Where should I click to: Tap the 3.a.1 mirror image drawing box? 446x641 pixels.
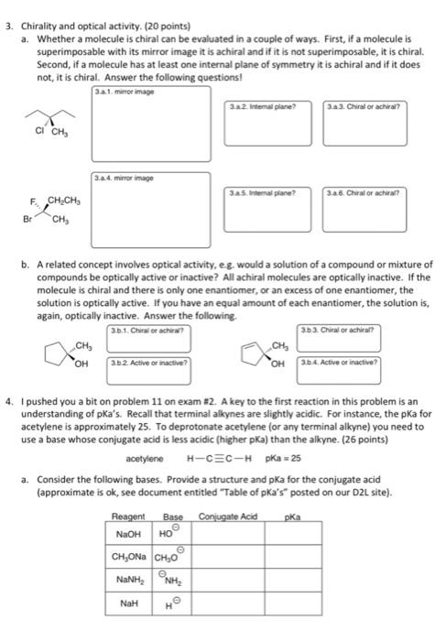[x=149, y=125]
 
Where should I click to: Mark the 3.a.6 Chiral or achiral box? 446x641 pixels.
[x=351, y=209]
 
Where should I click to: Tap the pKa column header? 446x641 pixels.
[x=292, y=516]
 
